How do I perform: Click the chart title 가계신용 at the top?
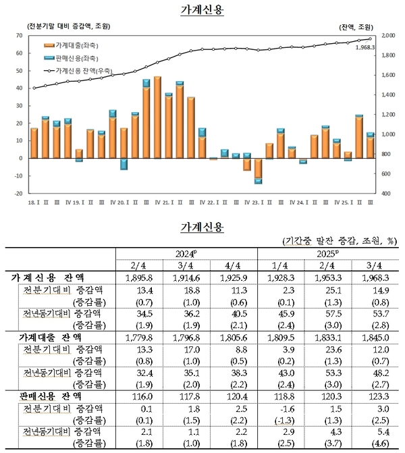point(202,11)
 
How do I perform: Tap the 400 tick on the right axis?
point(386,193)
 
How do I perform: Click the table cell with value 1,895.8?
point(151,279)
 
